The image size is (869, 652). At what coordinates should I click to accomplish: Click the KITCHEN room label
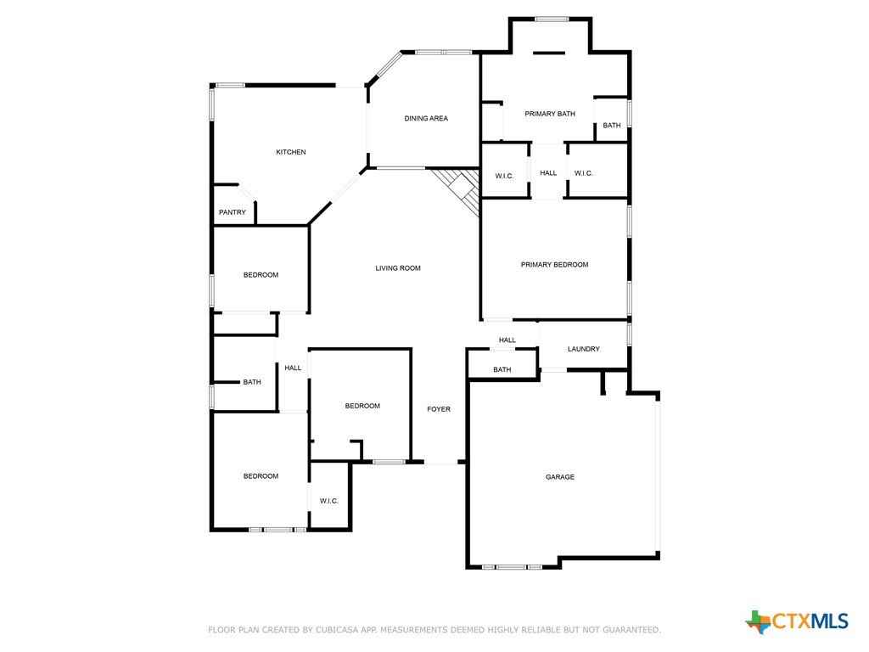pos(291,152)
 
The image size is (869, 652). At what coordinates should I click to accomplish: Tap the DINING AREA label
pos(426,118)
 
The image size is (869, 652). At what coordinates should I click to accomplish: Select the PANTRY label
pos(233,212)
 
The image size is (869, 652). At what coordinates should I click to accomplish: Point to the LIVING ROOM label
pos(398,268)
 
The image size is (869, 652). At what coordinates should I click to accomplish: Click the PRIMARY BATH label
pos(550,114)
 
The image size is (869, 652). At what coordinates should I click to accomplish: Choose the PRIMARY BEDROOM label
pos(554,265)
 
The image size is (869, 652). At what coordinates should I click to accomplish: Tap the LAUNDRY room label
pos(584,349)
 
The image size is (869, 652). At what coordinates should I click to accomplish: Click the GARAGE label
pos(560,477)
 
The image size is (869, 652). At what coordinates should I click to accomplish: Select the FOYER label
pos(439,409)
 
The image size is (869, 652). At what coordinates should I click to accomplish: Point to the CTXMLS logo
pos(796,621)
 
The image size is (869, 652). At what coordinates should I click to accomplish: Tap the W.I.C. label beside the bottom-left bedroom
pos(328,501)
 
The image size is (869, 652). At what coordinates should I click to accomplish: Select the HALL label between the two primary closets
pos(548,173)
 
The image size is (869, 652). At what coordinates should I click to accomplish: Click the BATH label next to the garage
pos(502,370)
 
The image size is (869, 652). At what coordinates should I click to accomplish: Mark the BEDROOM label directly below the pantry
pos(261,275)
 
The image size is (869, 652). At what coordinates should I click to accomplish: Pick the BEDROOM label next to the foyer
pos(362,406)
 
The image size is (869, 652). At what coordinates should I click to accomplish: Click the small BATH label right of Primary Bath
pos(612,126)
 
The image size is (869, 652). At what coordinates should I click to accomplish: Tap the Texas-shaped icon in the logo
pos(758,622)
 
